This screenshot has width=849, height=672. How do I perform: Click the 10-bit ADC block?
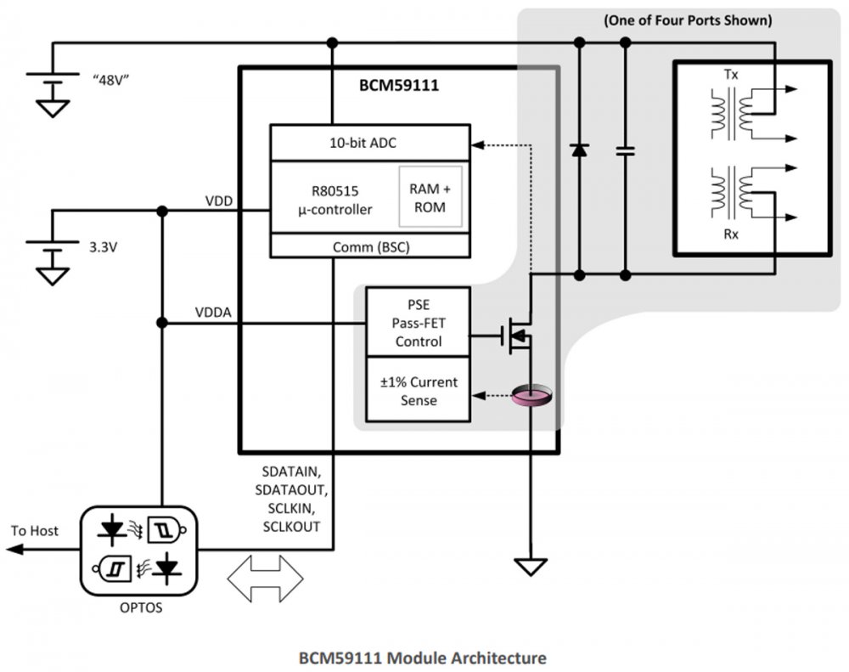click(x=369, y=143)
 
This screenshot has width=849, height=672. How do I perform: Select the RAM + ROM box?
click(x=430, y=197)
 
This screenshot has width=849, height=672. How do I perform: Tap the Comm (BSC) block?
click(x=369, y=246)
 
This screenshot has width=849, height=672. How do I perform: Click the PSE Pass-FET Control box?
click(x=417, y=322)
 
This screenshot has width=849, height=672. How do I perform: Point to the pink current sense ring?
click(x=531, y=395)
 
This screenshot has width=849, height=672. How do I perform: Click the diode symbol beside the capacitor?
click(x=579, y=150)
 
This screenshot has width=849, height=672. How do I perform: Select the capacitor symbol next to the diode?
click(x=626, y=150)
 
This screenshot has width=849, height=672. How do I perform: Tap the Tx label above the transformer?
click(x=731, y=76)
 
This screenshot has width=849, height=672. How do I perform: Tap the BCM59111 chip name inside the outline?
click(x=398, y=86)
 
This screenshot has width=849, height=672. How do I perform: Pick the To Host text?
click(x=35, y=531)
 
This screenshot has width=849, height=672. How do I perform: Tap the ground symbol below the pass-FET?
click(x=531, y=566)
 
